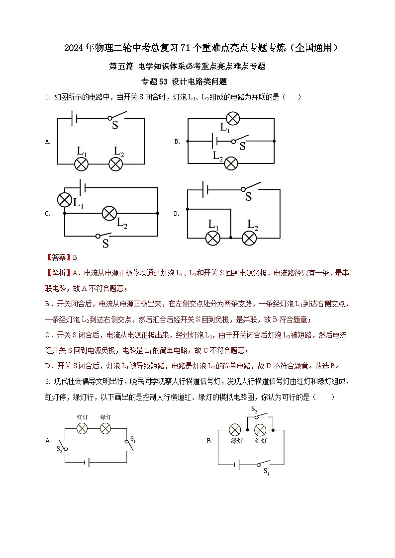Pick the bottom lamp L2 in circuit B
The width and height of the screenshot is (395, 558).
[x=230, y=162]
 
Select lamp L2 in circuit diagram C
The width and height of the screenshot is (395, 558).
[x=109, y=214]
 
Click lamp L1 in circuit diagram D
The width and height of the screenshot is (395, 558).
[x=213, y=238]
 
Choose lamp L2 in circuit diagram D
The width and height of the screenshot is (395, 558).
[x=249, y=238]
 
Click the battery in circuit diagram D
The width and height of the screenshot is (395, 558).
[x=204, y=189]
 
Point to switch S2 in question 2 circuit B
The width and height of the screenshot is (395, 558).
[x=262, y=416]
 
